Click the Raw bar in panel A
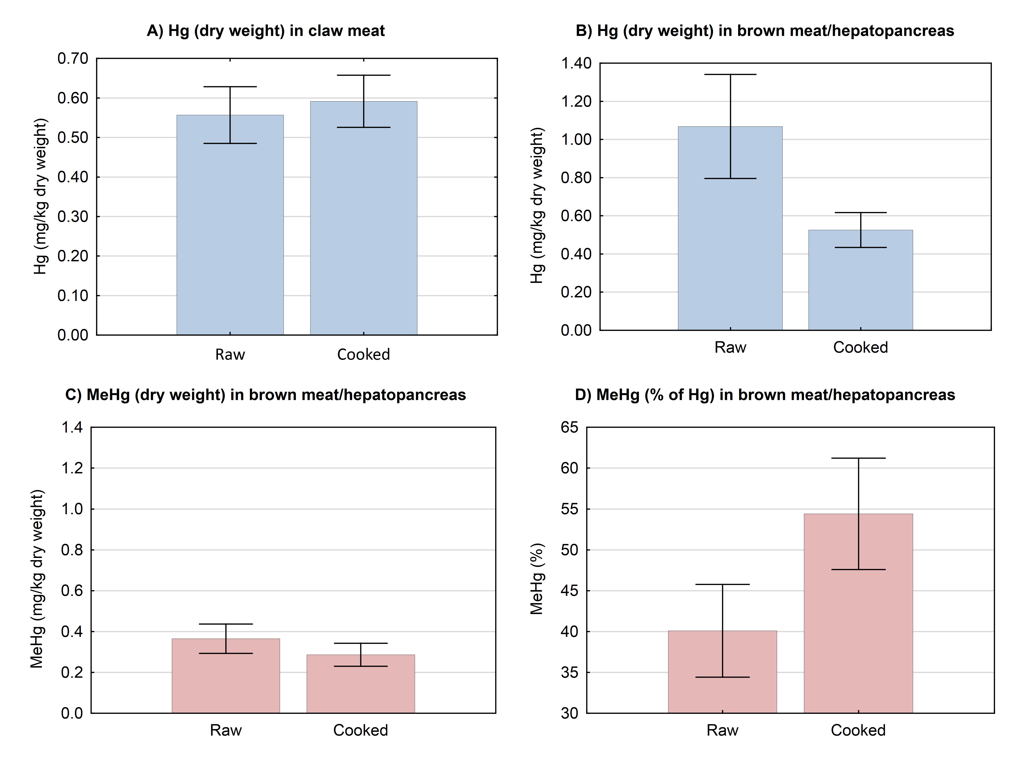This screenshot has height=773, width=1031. (230, 233)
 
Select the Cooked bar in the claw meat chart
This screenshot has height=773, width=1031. (364, 228)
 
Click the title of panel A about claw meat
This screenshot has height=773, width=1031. (266, 31)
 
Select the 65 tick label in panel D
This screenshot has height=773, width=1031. (570, 427)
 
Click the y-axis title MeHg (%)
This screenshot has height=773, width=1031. (537, 579)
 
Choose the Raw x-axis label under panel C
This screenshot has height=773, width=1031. (226, 730)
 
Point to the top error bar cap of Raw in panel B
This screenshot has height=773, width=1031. (730, 75)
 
